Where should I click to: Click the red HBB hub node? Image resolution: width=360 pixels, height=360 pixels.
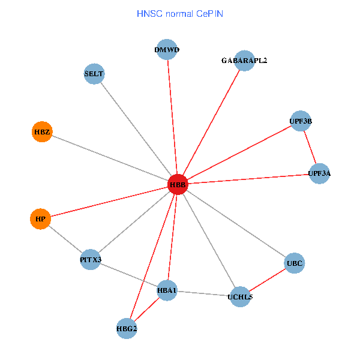(x=178, y=184)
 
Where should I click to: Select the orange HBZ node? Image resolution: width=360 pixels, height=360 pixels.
(x=41, y=131)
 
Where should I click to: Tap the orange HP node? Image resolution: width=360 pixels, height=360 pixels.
(x=40, y=219)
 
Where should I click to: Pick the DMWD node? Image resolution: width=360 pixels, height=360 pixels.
(x=167, y=50)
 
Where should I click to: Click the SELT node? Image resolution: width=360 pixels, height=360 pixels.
(x=94, y=74)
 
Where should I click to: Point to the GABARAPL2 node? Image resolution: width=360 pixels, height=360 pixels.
(x=244, y=61)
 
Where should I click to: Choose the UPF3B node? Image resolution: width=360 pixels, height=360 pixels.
(x=301, y=121)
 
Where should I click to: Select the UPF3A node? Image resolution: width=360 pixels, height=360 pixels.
(x=319, y=173)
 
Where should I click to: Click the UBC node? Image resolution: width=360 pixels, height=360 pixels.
(x=294, y=263)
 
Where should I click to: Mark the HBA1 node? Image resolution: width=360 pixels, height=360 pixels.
(x=167, y=291)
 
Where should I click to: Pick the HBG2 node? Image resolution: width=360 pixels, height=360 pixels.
(x=127, y=328)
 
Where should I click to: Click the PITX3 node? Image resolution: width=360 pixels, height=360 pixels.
(x=91, y=260)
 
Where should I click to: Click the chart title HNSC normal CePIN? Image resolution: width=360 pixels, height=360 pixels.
(x=180, y=13)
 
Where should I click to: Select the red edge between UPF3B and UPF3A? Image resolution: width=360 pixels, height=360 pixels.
(x=310, y=148)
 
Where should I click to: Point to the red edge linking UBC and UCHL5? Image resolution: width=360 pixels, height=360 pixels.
(x=268, y=279)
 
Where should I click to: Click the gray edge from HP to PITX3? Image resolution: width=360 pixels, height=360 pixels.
(x=65, y=239)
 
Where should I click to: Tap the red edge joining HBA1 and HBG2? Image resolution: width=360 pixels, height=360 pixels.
(x=147, y=310)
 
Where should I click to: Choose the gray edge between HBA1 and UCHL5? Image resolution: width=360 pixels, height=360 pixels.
(x=204, y=293)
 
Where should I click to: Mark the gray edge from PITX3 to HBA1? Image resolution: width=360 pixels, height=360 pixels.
(x=129, y=275)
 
